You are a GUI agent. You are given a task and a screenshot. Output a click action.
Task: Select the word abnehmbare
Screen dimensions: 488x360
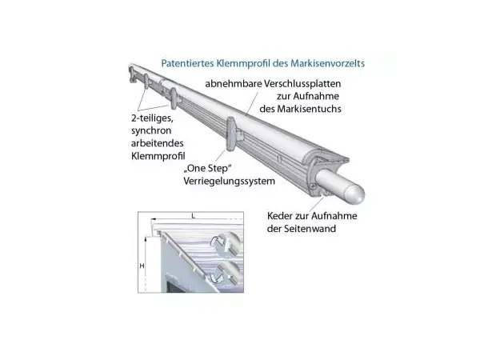click(234, 84)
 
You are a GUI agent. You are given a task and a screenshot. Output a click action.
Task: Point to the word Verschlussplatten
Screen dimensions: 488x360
click(302, 84)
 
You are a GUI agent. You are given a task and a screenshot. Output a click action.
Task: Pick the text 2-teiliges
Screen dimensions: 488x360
click(152, 118)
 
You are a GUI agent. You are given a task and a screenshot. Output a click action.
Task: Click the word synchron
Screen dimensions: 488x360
click(151, 130)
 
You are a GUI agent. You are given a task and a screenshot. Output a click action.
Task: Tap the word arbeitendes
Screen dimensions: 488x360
click(157, 143)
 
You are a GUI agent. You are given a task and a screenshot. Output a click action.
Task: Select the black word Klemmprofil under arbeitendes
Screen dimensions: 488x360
click(158, 156)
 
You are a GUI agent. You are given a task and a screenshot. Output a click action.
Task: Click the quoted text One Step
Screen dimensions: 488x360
click(208, 169)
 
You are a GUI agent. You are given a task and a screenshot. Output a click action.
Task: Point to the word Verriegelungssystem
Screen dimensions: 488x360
click(230, 181)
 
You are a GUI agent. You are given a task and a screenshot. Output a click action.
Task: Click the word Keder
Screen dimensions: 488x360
click(280, 216)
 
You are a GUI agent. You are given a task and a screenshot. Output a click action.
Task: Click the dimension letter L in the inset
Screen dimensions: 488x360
click(193, 216)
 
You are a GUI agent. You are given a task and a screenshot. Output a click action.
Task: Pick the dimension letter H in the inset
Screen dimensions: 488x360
click(142, 266)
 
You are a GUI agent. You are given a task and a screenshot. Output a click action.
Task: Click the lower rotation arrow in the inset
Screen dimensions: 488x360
click(217, 277)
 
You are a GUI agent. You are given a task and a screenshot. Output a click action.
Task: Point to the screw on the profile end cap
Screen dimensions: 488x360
click(314, 186)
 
